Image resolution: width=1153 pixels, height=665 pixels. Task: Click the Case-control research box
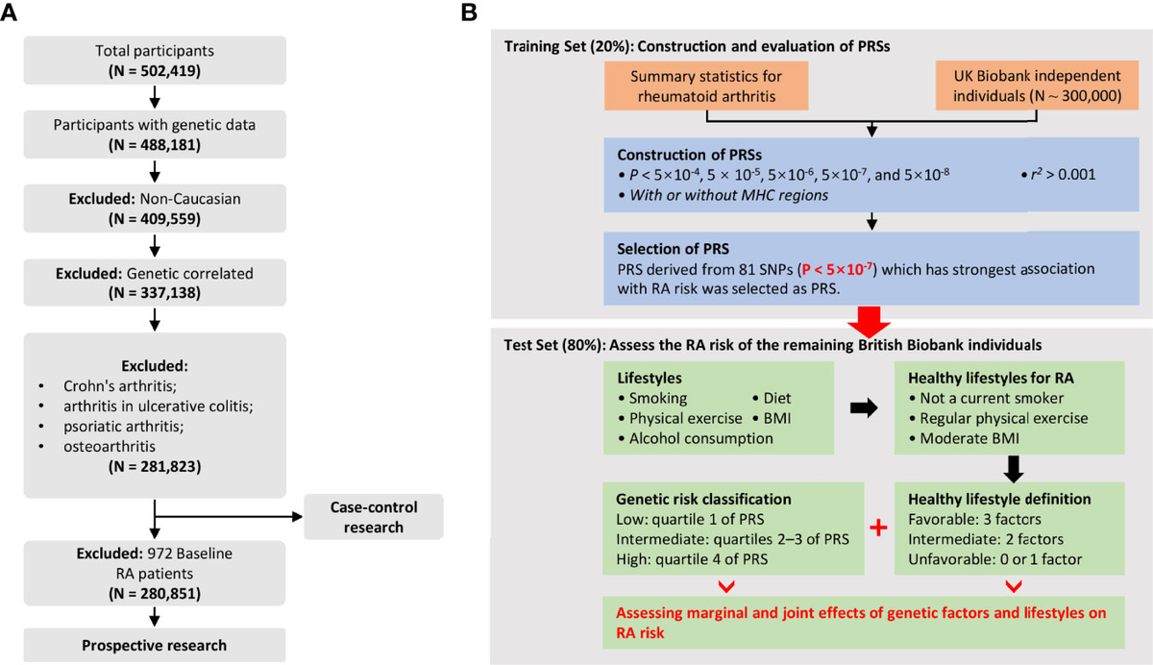[x=374, y=516]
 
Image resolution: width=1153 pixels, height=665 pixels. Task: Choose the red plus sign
[x=875, y=529]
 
